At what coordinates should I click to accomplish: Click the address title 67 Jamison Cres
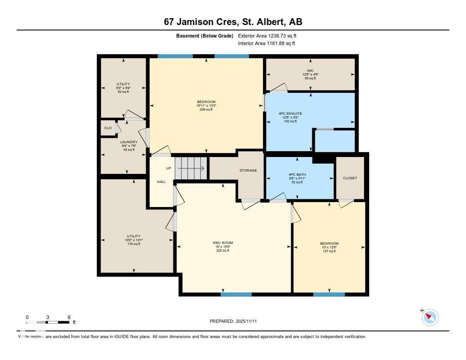coord(233,22)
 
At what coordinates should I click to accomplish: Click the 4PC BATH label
coord(297,174)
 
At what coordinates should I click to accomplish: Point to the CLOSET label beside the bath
coord(350,178)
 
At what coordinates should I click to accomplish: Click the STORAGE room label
coord(248,170)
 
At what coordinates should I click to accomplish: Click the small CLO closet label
coord(108,128)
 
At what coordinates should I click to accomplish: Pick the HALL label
coord(162,182)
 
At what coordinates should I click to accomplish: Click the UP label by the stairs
coord(168,168)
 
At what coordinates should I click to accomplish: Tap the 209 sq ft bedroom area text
coord(206,110)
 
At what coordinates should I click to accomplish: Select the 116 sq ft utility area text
coord(134,244)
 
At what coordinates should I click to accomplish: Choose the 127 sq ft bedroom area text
coord(329,251)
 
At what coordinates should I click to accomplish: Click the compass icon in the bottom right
coord(430,317)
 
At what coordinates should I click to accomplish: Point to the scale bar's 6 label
coord(69,317)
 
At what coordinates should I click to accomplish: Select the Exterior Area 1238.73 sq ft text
coord(267,35)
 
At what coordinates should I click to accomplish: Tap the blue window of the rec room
coord(236,294)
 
